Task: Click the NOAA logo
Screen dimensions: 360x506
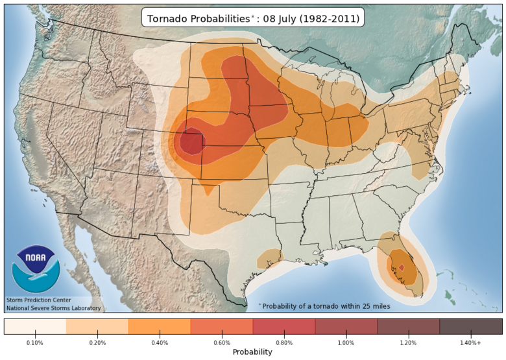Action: [36, 268]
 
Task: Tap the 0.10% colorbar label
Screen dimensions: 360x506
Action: [35, 342]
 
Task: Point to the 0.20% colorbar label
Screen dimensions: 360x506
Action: [97, 342]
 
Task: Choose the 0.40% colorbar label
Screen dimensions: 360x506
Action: [160, 342]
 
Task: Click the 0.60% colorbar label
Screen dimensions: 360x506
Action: [222, 342]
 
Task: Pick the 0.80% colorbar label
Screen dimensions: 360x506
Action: [284, 342]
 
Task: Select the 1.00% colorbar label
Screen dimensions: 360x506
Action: [346, 342]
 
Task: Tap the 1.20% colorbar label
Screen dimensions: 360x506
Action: [409, 342]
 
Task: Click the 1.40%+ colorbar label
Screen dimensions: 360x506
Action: [470, 342]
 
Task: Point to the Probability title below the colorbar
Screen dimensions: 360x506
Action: [253, 352]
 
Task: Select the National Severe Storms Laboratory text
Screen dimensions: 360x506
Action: [53, 308]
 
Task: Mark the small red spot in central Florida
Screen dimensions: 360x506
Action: [401, 267]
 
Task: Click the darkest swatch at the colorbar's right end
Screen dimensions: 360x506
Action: [471, 326]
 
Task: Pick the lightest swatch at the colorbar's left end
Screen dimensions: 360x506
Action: [35, 326]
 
